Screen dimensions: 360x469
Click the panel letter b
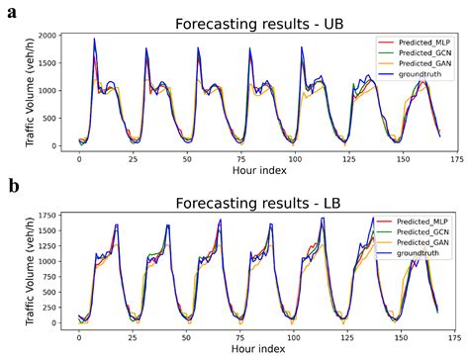coord(11,186)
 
